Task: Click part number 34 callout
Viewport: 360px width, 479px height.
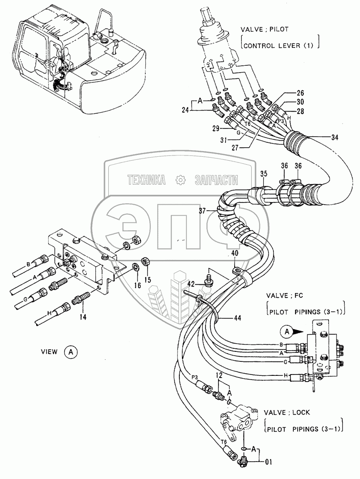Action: pos(335,138)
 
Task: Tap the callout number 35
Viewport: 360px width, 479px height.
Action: pos(264,173)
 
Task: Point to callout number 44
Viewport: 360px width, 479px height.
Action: pos(237,318)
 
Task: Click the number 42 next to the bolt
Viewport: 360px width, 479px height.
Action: pos(191,284)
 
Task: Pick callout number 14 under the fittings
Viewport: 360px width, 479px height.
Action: pos(83,317)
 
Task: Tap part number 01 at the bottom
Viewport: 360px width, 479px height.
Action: pos(268,462)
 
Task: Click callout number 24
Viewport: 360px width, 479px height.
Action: pos(185,110)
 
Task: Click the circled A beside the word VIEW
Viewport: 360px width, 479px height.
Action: pos(71,352)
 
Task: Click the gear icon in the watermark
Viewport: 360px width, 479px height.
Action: pos(181,180)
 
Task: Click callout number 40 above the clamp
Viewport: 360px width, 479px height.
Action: pos(235,253)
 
